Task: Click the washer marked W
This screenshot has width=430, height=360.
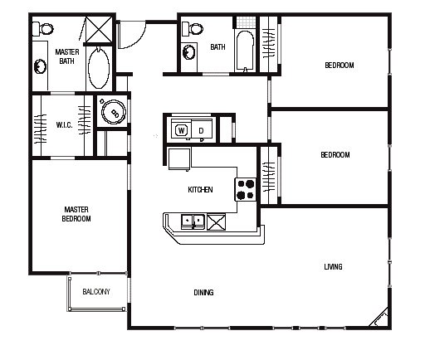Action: click(182, 130)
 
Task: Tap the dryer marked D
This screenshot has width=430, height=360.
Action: click(202, 130)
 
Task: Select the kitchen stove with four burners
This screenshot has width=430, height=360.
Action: click(246, 190)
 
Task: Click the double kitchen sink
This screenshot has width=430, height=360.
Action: click(193, 221)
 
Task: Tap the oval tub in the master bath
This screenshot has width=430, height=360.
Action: click(99, 68)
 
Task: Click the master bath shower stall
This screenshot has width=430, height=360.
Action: click(99, 29)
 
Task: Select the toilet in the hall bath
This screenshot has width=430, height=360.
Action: click(193, 29)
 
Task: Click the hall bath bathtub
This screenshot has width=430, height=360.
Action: click(244, 51)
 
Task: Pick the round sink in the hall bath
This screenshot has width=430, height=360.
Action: click(189, 52)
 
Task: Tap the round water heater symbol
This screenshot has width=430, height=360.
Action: click(114, 112)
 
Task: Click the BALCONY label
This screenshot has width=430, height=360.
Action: click(96, 292)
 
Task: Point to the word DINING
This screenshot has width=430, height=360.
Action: click(203, 293)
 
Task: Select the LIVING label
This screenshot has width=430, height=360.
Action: click(333, 267)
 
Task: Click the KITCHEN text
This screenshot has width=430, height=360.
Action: click(200, 190)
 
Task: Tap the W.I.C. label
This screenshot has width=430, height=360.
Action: click(64, 125)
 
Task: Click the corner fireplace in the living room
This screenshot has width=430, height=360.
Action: click(379, 318)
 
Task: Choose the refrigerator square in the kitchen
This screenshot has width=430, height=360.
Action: click(179, 158)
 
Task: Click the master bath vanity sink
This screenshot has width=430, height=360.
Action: click(41, 66)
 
